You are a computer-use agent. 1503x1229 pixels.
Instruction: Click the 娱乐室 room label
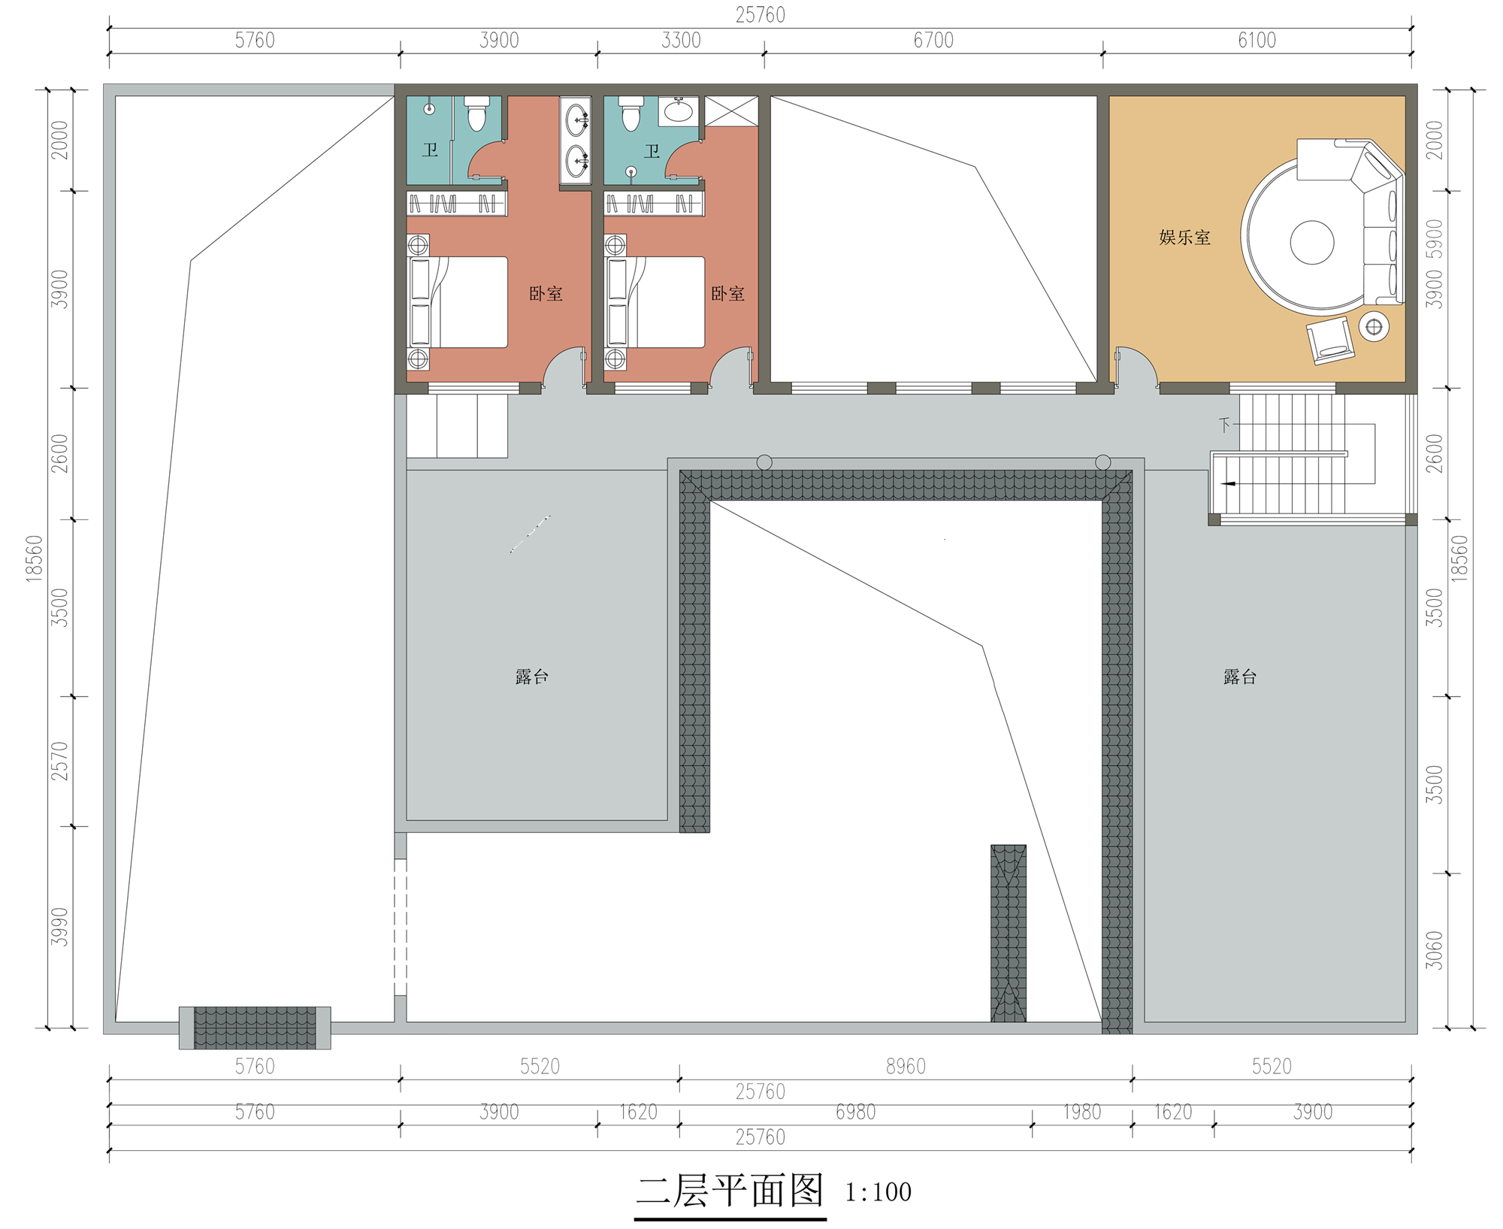click(1184, 238)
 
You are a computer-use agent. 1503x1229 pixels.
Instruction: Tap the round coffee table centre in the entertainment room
click(1311, 242)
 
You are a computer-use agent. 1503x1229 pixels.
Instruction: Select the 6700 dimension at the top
click(933, 41)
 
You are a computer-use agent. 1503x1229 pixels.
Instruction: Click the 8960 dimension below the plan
click(906, 1066)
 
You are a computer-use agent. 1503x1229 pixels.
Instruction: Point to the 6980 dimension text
click(856, 1112)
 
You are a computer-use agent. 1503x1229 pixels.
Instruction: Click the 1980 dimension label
click(1082, 1112)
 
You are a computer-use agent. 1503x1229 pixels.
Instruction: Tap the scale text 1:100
click(878, 1191)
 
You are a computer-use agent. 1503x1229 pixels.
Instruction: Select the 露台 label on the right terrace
click(1240, 677)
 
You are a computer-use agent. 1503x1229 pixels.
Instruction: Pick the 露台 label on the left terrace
click(532, 677)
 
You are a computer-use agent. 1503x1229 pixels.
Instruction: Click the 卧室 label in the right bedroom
click(728, 293)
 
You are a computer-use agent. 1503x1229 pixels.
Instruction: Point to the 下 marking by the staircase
click(1224, 425)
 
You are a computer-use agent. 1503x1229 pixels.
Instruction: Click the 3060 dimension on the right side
click(1435, 950)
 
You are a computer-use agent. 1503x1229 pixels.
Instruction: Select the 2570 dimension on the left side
click(59, 761)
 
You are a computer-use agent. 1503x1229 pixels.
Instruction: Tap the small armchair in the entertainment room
click(1330, 341)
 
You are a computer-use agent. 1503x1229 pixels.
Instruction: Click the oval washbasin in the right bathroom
click(679, 110)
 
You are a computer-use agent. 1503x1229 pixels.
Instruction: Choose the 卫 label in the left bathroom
click(430, 150)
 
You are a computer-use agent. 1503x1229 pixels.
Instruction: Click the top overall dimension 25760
click(760, 15)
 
